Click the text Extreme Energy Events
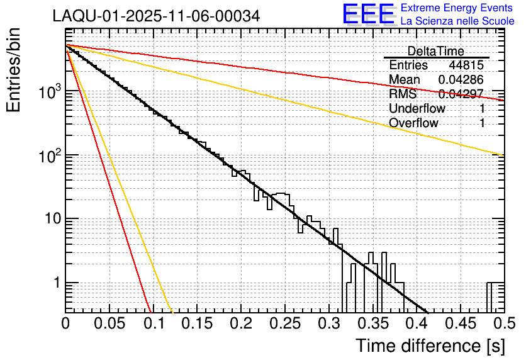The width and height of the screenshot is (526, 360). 457,8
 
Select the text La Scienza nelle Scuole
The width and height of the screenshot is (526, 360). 457,21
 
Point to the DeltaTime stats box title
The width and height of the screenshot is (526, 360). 436,51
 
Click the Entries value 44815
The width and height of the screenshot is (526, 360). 466,65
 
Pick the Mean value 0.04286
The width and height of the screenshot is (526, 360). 461,80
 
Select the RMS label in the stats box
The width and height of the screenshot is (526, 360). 403,94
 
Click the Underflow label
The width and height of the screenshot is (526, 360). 417,109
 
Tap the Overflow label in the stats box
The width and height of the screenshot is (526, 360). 413,123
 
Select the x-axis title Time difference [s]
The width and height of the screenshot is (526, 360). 429,346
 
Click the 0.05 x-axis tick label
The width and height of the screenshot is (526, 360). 109,323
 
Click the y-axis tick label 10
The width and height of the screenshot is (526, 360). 49,219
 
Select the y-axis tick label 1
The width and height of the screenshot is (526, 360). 55,283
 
